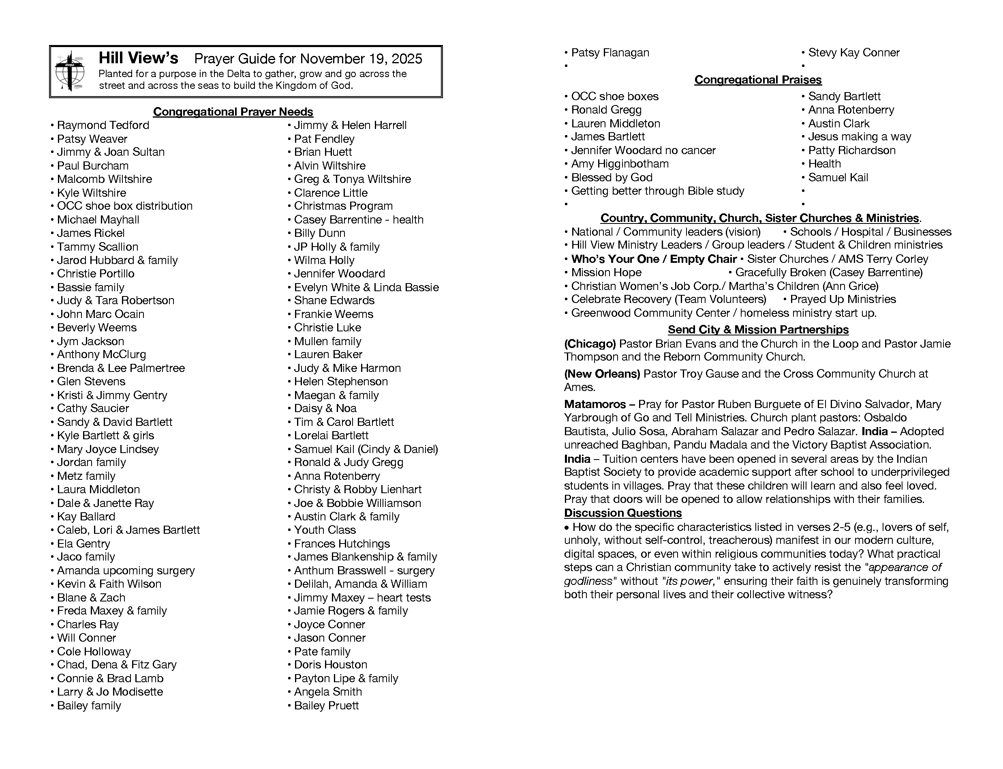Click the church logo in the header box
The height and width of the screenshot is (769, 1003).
[x=70, y=71]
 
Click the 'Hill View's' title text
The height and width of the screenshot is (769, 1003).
[x=138, y=58]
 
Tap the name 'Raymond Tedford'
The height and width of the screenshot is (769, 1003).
[x=103, y=125]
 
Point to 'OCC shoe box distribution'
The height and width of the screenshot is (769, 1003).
[x=124, y=206]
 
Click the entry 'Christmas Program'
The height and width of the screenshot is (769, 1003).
[x=343, y=206]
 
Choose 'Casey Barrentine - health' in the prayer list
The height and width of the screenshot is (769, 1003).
[x=359, y=220]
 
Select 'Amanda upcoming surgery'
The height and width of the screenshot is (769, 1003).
[x=126, y=570]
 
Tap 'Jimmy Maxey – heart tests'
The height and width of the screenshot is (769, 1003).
[x=362, y=597]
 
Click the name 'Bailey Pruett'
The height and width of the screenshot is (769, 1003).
[x=326, y=705]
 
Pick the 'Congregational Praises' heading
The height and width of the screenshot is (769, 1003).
[x=758, y=79]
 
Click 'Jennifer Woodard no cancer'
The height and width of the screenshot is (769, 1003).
[x=643, y=150]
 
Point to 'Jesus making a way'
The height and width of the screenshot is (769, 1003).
[x=860, y=137]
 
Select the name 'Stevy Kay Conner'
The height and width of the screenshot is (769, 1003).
[x=853, y=53]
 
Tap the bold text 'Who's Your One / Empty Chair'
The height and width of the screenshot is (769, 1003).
[x=654, y=259]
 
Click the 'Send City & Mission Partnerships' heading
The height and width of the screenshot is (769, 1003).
[x=758, y=330]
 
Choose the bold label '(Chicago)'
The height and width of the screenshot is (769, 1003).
[x=590, y=344]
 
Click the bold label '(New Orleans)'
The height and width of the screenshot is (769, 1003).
[x=602, y=374]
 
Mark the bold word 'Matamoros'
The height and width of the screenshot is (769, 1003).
[x=595, y=404]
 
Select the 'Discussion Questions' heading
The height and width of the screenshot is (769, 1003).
[x=622, y=513]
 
